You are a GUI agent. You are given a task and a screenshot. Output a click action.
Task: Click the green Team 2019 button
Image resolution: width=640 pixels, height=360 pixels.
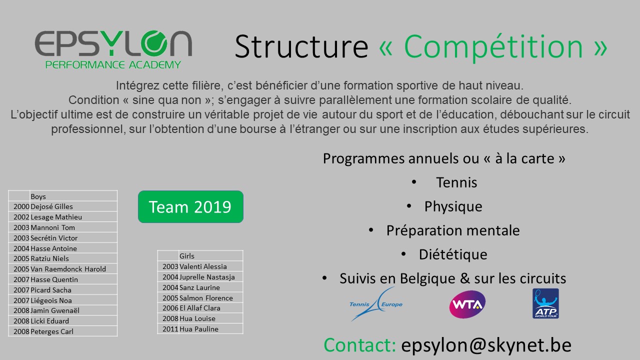tap(190, 206)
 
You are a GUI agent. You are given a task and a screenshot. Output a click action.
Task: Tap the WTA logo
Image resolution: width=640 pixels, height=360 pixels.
tap(467, 304)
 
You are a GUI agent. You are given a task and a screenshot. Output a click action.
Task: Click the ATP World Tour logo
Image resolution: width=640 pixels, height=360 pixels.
tap(545, 303)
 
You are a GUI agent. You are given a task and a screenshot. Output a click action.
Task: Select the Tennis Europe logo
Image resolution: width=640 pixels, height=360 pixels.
tap(376, 304)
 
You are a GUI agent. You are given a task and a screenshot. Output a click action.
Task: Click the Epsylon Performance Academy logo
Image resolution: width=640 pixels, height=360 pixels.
tap(113, 49)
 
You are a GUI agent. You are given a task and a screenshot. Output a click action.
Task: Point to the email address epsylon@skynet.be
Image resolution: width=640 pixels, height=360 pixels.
tap(486, 345)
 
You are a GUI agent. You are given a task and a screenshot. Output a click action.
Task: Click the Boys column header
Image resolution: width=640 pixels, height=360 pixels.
tap(38, 196)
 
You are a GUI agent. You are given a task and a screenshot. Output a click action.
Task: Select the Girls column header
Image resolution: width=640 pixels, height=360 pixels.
tap(187, 256)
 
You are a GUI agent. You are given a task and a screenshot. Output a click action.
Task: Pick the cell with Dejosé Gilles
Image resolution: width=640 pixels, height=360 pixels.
tap(51, 206)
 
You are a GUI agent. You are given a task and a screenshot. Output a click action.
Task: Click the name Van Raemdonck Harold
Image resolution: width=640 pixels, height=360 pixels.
tap(68, 269)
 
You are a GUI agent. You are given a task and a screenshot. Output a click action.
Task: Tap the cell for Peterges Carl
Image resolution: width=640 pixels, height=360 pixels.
tap(52, 331)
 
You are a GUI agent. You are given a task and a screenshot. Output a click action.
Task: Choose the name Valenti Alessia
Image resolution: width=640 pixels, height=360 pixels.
tap(203, 266)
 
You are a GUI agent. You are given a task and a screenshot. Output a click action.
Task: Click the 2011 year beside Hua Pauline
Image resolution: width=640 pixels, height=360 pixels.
tap(170, 329)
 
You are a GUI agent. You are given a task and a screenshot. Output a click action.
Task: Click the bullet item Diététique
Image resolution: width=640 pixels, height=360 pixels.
tap(453, 254)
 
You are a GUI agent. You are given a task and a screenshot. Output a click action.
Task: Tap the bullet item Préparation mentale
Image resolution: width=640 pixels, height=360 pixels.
tap(453, 230)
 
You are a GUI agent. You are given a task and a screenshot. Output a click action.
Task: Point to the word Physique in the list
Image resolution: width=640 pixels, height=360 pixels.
tap(453, 206)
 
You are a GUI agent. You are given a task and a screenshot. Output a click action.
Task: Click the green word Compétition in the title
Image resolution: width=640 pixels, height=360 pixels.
tap(493, 47)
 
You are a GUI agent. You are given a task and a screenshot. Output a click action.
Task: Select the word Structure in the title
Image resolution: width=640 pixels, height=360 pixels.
tap(301, 46)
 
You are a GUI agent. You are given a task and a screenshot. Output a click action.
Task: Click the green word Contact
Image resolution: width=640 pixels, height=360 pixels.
tap(359, 345)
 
